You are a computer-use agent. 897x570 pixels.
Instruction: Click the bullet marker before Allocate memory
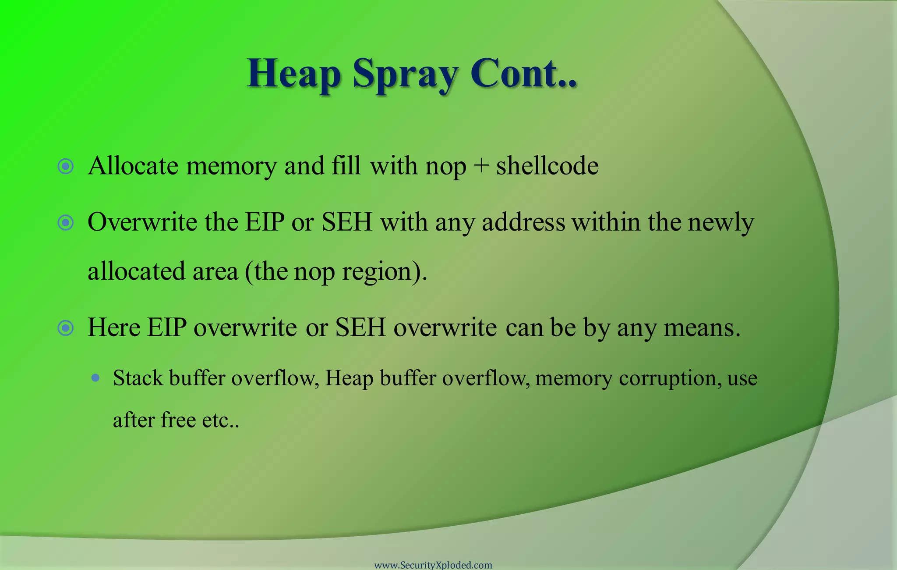[x=66, y=166]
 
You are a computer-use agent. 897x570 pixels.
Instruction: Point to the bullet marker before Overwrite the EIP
[x=66, y=222]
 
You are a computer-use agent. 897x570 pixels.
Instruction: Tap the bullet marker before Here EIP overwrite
[x=66, y=328]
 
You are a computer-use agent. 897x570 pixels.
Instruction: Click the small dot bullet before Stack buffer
[x=95, y=378]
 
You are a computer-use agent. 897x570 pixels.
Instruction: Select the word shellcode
[x=547, y=166]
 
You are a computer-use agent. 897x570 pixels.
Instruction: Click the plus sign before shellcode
[x=481, y=166]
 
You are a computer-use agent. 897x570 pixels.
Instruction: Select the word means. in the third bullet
[x=702, y=328]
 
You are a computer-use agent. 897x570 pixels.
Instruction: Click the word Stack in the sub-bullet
[x=138, y=378]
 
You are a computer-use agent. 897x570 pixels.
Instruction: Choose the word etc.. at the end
[x=221, y=420]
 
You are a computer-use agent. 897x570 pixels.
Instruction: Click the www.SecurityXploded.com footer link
[x=433, y=565]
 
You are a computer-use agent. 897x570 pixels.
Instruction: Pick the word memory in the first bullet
[x=231, y=166]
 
